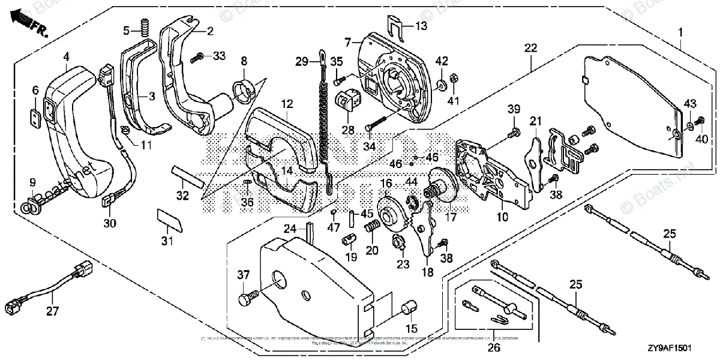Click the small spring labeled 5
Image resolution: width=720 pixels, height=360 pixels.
tap(144, 27)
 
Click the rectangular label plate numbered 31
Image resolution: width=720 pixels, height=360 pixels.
tap(169, 219)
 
